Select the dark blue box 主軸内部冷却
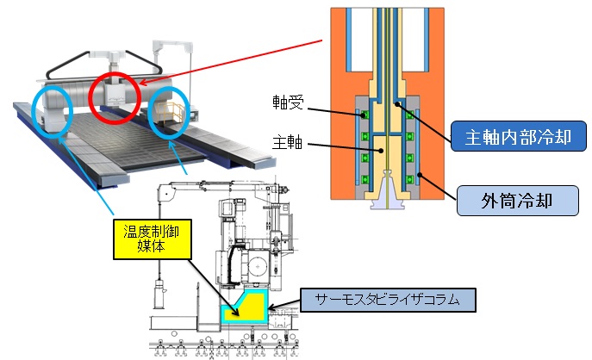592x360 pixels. point(513,135)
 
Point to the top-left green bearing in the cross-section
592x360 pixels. point(365,115)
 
